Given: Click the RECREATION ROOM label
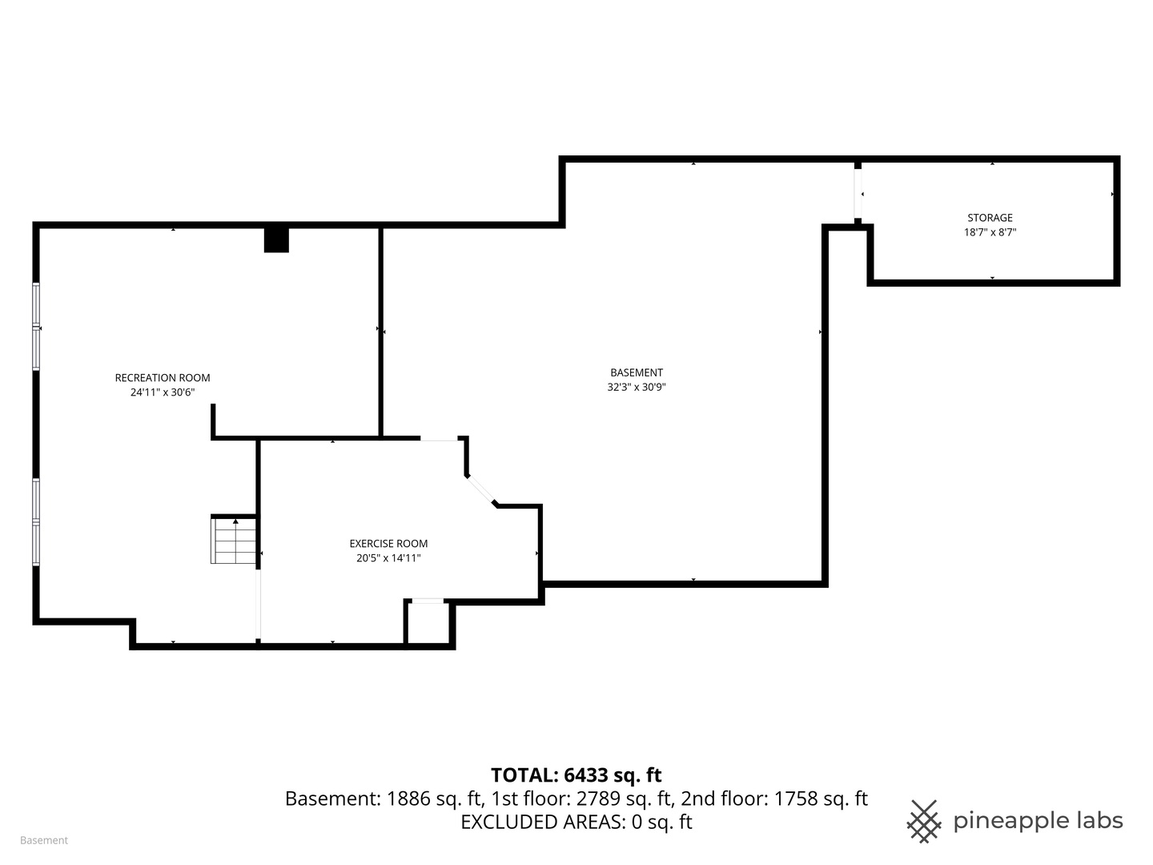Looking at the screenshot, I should pyautogui.click(x=163, y=378).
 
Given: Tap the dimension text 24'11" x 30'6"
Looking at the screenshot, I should pyautogui.click(x=163, y=392).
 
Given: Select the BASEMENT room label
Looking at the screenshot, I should pyautogui.click(x=637, y=372).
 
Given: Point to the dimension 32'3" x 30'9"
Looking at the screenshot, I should pyautogui.click(x=637, y=387).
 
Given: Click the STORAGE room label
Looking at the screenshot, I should pyautogui.click(x=990, y=218).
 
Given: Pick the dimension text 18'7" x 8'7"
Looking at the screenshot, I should pyautogui.click(x=990, y=232).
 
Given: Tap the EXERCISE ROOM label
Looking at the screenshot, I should pyautogui.click(x=388, y=544).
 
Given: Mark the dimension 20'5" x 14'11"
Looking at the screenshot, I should pyautogui.click(x=388, y=558).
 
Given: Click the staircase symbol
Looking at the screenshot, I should pyautogui.click(x=234, y=541).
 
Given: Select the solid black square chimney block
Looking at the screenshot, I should pyautogui.click(x=276, y=240).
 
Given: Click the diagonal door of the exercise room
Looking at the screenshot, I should pyautogui.click(x=482, y=490).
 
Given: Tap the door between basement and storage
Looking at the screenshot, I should pyautogui.click(x=858, y=194).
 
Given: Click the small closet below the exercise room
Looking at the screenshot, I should pyautogui.click(x=428, y=623).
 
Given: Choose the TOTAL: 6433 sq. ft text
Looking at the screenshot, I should pyautogui.click(x=576, y=775).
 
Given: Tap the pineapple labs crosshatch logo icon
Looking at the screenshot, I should pyautogui.click(x=924, y=821).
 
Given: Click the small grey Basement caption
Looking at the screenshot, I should pyautogui.click(x=44, y=840).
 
